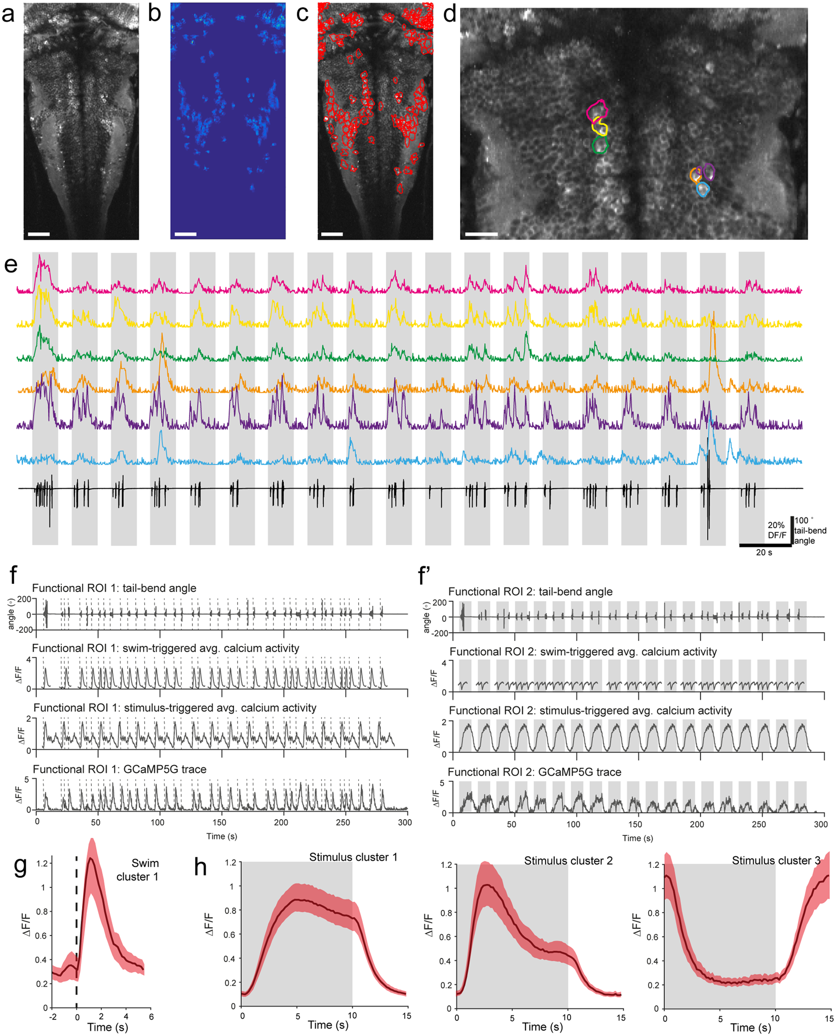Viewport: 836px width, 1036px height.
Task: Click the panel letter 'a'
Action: tap(8, 14)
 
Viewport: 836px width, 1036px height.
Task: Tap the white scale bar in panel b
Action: tap(185, 234)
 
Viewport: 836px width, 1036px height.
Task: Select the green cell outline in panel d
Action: tap(600, 146)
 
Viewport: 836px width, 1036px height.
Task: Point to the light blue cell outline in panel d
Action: tap(702, 190)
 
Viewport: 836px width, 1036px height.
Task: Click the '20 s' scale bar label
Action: tap(764, 552)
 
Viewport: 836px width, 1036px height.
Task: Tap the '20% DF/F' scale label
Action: tap(776, 530)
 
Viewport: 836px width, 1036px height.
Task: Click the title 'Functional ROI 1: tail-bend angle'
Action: tap(114, 588)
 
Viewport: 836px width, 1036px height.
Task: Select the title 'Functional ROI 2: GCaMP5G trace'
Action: tap(535, 772)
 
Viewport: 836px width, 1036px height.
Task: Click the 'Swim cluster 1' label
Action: tap(137, 870)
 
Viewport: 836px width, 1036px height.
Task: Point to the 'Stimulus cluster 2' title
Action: tap(568, 861)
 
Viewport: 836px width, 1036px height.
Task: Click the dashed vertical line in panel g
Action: tap(77, 937)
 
